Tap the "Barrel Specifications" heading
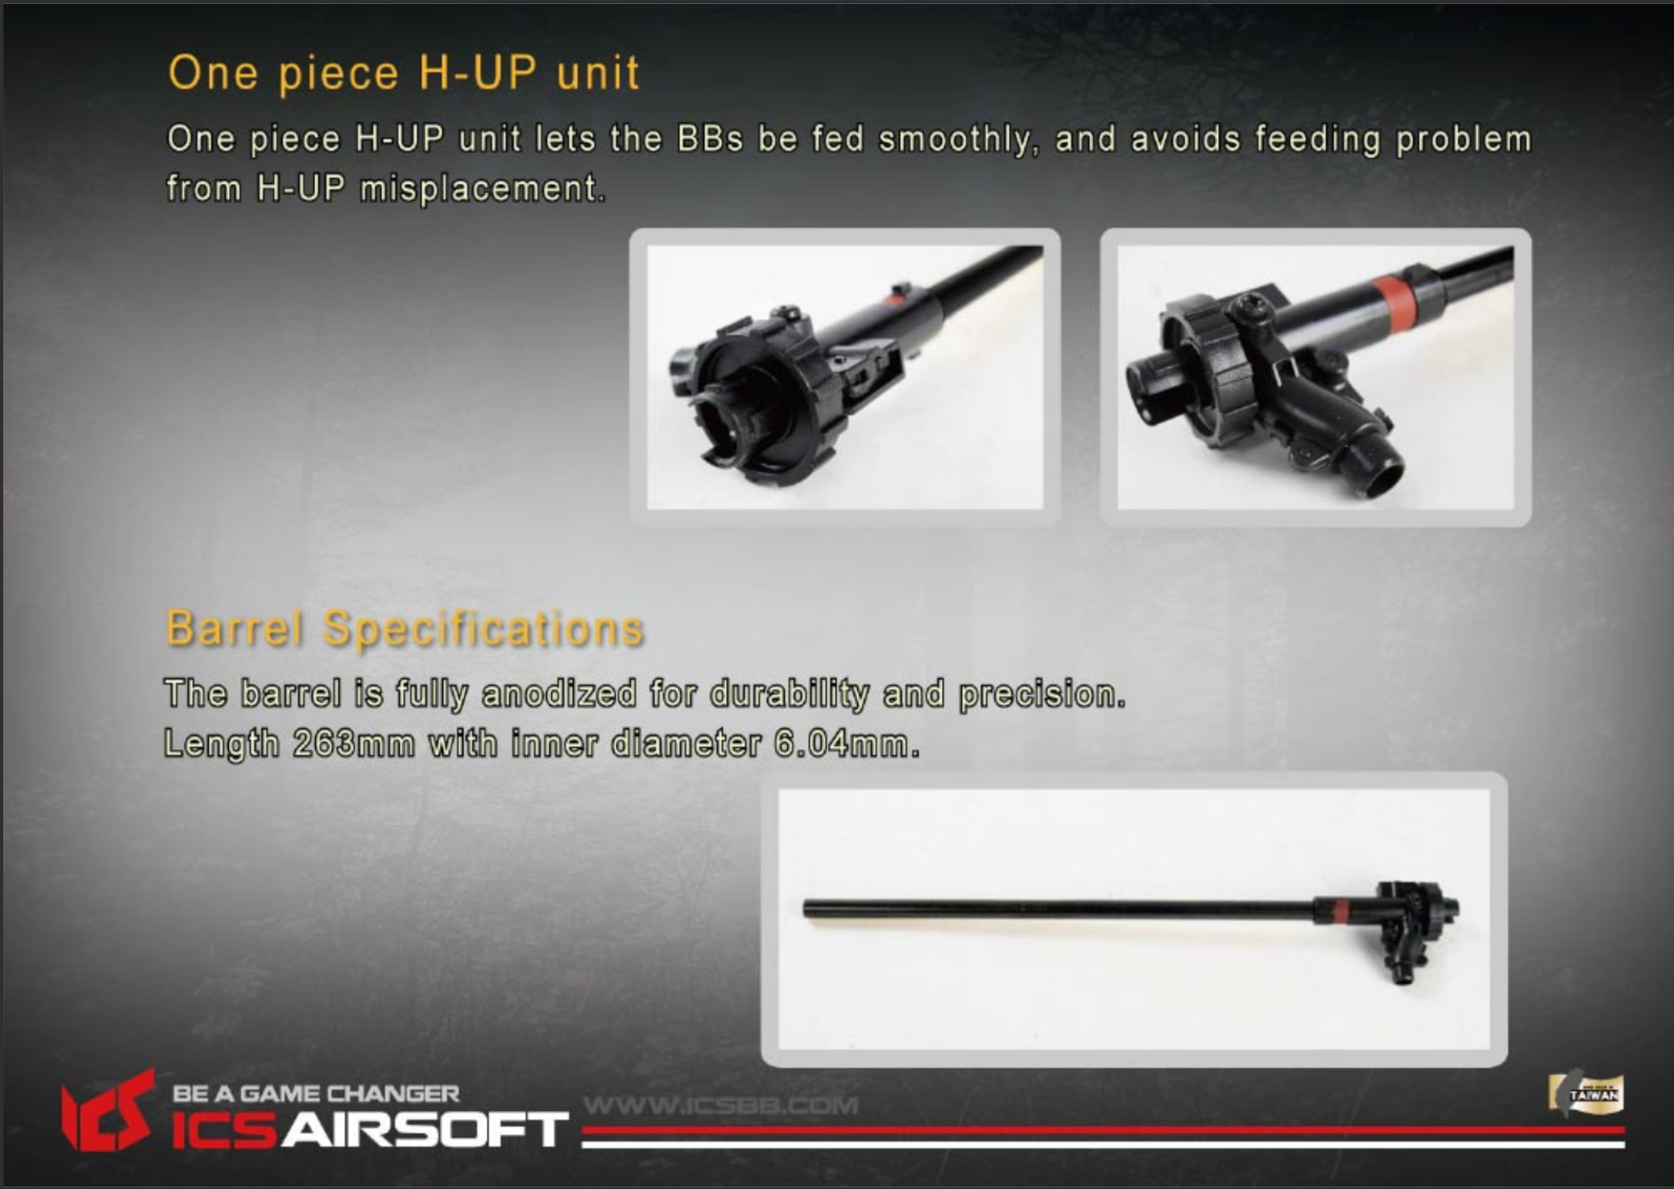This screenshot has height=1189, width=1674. (404, 628)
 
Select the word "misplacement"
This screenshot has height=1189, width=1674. (480, 188)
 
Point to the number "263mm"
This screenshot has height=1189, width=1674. (354, 743)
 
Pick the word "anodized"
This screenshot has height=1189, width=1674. (559, 694)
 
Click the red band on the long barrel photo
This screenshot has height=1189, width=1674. (1338, 911)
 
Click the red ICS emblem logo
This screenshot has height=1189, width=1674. (108, 1109)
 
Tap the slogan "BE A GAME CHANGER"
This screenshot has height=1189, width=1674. (316, 1094)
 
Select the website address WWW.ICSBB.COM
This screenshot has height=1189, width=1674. (721, 1105)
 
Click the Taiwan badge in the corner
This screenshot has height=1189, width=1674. (1585, 1094)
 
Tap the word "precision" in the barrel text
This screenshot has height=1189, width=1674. (1041, 694)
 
